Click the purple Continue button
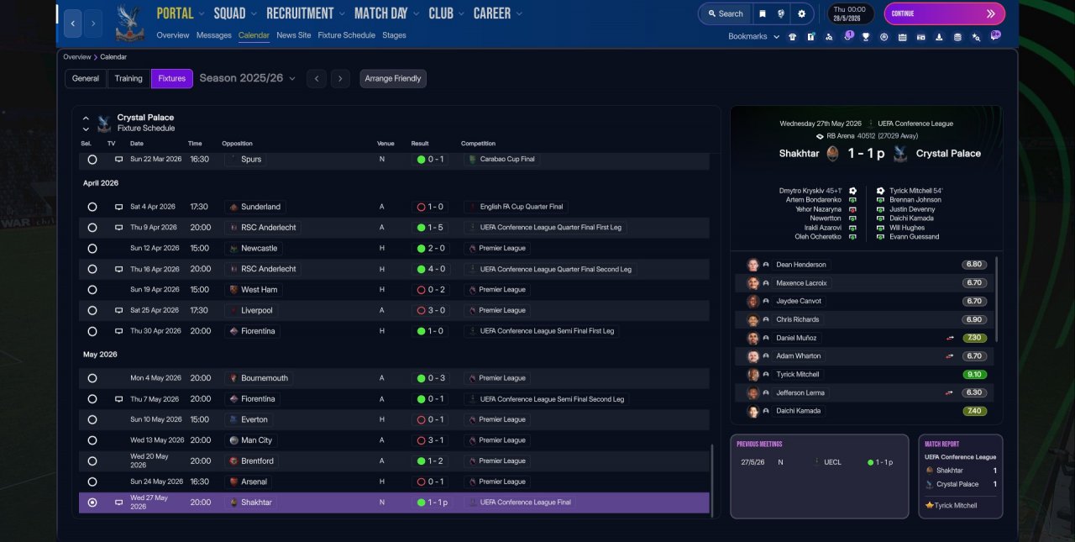click(x=944, y=14)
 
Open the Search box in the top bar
click(x=726, y=14)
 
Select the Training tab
click(x=128, y=78)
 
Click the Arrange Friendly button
click(x=392, y=78)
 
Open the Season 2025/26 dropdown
click(x=247, y=78)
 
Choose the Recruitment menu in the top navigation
click(x=300, y=13)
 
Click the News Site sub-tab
click(x=294, y=35)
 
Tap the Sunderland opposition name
click(x=260, y=207)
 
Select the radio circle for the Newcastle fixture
click(x=92, y=248)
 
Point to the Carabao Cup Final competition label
click(x=506, y=159)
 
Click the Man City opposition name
click(x=256, y=440)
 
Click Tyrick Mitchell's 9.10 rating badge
click(x=974, y=375)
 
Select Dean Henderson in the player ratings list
click(x=800, y=265)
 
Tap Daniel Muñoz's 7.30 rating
click(x=974, y=338)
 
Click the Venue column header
click(x=385, y=144)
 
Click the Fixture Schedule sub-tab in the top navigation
click(x=346, y=35)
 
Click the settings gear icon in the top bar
click(x=801, y=14)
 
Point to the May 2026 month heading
click(x=100, y=355)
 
